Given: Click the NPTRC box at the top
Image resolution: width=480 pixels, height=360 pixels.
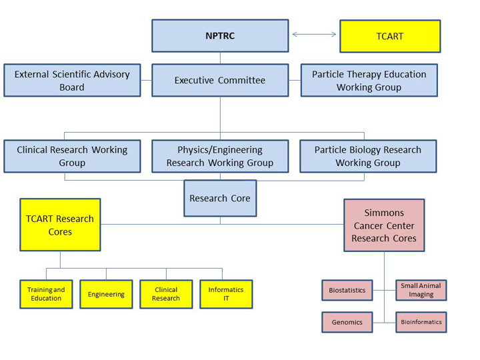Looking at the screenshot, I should tap(220, 36).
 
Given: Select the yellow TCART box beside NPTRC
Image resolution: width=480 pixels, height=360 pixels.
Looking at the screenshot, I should tap(390, 36).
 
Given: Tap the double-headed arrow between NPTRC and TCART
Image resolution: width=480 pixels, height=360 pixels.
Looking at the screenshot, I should tap(314, 34).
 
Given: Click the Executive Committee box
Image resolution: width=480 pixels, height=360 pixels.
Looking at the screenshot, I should tap(220, 81).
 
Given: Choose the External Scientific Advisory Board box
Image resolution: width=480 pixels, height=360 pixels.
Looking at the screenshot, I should tap(72, 81).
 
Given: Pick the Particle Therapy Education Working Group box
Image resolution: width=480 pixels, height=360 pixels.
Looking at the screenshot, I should tap(369, 81).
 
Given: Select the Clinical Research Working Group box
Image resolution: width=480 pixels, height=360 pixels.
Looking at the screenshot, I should tap(72, 156).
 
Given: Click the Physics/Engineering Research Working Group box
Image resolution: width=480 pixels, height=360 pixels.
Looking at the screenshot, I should tap(220, 156).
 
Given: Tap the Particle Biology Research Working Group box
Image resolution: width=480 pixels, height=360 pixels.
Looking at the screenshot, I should tap(368, 156).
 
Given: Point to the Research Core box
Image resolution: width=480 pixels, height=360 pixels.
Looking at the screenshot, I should tap(220, 198).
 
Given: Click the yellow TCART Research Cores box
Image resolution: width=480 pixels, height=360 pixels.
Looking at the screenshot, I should tap(60, 225).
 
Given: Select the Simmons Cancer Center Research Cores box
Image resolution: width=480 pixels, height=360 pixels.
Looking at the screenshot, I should tap(384, 225).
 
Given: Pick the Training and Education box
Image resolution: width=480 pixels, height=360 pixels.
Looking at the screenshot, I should tap(46, 294).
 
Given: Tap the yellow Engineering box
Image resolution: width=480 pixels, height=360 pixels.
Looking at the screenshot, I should tap(106, 294).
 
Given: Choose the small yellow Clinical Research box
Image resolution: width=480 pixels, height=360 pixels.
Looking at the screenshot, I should tap(166, 294).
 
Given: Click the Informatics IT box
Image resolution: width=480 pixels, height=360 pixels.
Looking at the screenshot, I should tap(226, 294).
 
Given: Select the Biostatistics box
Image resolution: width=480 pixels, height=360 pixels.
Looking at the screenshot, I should tap(347, 290).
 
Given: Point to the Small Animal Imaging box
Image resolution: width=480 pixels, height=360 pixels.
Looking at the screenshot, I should tap(421, 290).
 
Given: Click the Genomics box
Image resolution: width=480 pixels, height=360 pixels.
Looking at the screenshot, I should tap(347, 322).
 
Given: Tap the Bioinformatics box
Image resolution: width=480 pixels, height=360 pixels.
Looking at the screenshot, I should tap(421, 322).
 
